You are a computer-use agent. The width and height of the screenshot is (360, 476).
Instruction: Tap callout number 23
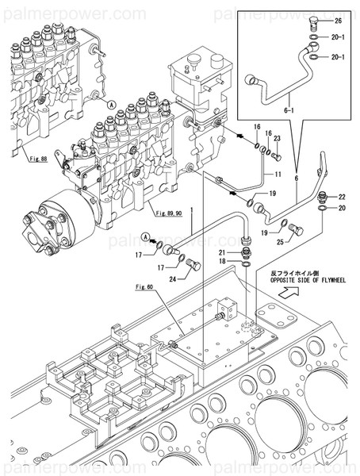pos(277,137)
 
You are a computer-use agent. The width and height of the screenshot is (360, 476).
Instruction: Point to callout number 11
pos(278,174)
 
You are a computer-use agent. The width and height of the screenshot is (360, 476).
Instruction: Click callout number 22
pos(342,197)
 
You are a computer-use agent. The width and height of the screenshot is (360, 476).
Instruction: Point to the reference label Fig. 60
pos(144,286)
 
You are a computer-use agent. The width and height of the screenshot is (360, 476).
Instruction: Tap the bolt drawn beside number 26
pos(316,20)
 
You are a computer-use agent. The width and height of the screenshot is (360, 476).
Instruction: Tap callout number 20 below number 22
pos(342,209)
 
